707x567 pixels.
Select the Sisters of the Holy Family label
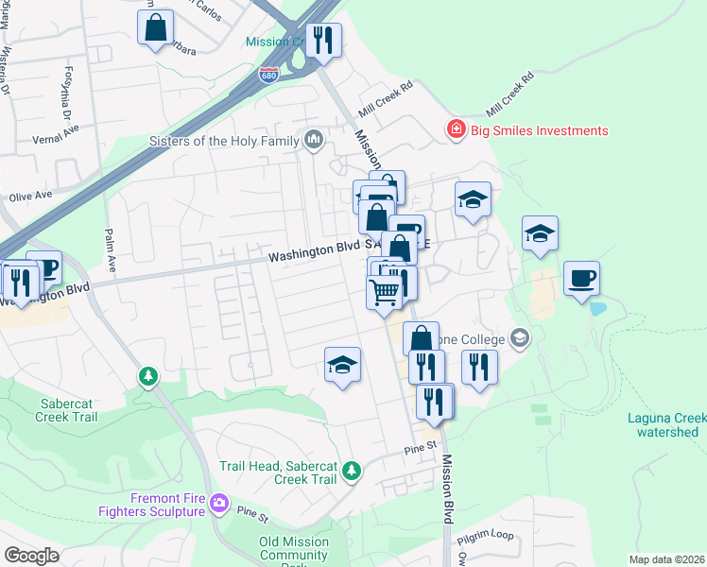click(x=223, y=142)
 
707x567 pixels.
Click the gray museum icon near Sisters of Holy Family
click(x=314, y=142)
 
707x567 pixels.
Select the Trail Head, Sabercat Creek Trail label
click(x=278, y=472)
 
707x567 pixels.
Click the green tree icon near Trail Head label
click(x=352, y=470)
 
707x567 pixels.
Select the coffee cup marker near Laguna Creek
click(x=581, y=279)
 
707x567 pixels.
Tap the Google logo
click(x=32, y=556)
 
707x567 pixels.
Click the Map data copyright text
click(x=667, y=559)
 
